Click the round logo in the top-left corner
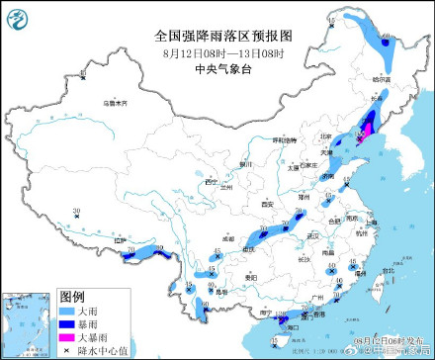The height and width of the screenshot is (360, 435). (x=16, y=16)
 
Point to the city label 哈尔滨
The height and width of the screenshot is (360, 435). (x=382, y=78)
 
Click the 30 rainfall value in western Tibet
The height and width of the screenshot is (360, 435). (x=76, y=210)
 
